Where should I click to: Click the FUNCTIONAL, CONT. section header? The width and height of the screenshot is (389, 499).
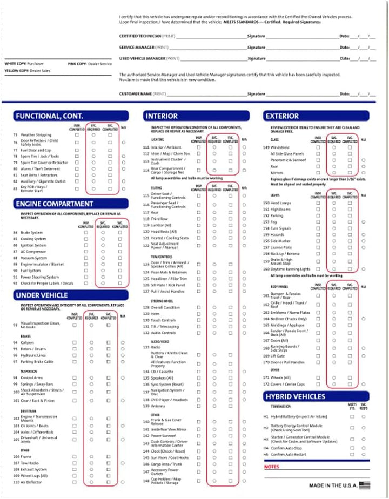pos(49,116)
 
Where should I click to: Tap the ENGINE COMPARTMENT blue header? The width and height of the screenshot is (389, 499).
pos(54,204)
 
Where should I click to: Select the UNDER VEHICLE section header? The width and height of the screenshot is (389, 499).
pos(42,295)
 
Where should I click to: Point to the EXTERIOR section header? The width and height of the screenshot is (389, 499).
pos(282,116)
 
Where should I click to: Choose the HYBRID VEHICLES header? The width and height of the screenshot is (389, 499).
pos(296,396)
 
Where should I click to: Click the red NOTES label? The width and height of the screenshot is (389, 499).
pos(272,467)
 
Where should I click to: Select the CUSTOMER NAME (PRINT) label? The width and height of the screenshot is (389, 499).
pos(143,93)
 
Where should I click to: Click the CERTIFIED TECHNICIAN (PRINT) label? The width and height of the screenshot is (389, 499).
pos(149,36)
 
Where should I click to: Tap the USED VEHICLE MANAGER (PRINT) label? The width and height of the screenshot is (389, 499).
pos(149,58)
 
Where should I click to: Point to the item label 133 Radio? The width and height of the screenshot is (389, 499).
pos(153,347)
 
